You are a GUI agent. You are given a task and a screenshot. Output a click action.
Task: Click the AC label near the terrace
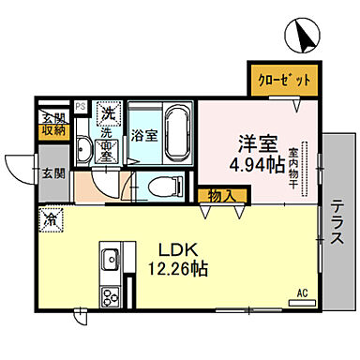(x=302, y=292)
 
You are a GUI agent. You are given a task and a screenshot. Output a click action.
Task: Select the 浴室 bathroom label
(x=144, y=134)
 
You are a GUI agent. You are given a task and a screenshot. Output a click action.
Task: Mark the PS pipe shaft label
(x=81, y=107)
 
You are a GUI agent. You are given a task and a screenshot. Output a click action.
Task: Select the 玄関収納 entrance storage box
(x=52, y=125)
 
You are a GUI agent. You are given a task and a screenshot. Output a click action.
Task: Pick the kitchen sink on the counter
(x=110, y=257)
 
